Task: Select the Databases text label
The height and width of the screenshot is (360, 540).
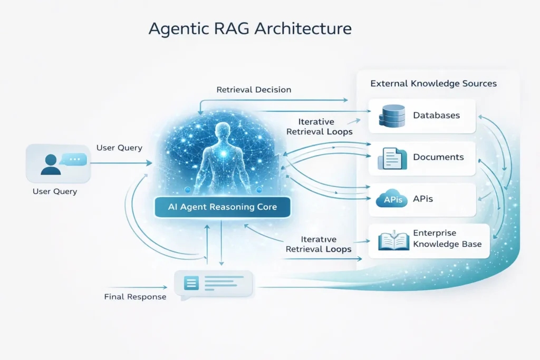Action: point(436,115)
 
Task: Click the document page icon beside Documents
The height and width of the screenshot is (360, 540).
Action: point(392,158)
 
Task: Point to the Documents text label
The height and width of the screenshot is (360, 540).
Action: point(438,157)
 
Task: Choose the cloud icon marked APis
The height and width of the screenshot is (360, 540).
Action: point(392,200)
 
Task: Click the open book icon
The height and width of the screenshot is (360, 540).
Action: point(393,242)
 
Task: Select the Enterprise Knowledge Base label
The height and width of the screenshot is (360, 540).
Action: point(440,238)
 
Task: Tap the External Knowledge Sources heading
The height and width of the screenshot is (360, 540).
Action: point(433,83)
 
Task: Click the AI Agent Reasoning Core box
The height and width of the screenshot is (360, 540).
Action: point(222,207)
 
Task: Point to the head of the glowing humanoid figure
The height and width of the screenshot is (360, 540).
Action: point(224,130)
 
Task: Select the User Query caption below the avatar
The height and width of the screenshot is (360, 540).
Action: point(55,191)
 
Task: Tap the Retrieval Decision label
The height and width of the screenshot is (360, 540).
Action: point(254,90)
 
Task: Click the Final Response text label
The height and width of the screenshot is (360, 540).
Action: point(135,297)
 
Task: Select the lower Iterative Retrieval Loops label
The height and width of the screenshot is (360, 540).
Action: point(319,244)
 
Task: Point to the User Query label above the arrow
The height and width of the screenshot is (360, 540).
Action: point(119,148)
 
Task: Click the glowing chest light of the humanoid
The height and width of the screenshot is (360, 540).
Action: point(224,153)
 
